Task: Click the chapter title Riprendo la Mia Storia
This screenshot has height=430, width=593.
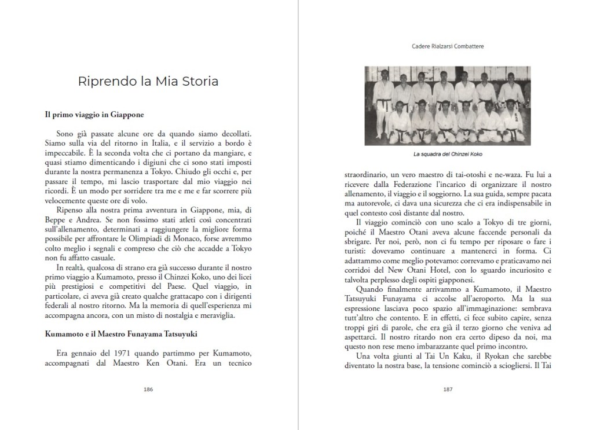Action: click(148, 81)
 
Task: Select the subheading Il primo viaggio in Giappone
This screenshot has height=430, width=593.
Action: click(94, 115)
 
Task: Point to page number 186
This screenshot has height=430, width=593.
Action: click(148, 389)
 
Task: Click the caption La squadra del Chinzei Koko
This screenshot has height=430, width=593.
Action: click(448, 154)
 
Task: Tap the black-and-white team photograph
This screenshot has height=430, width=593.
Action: click(448, 106)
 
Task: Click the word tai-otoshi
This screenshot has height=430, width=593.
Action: click(450, 174)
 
